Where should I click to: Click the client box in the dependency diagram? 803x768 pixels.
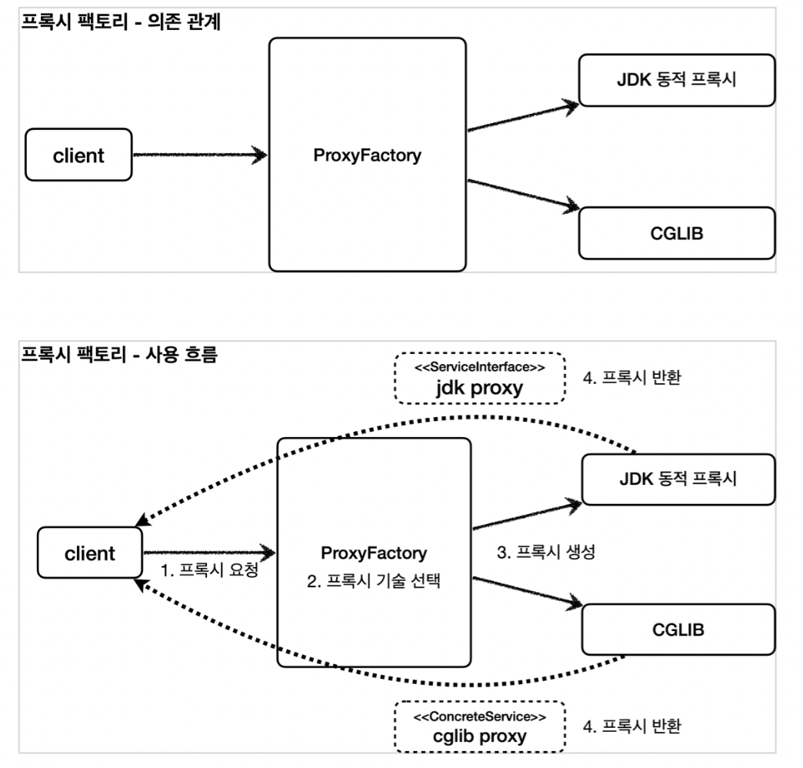click(x=78, y=155)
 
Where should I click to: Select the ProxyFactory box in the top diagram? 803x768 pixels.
click(x=368, y=155)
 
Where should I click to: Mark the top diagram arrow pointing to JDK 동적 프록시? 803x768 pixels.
click(x=523, y=115)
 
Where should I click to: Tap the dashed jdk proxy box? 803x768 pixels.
click(x=480, y=378)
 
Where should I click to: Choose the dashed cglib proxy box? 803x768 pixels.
click(x=480, y=726)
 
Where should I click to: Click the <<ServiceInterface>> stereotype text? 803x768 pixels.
click(x=480, y=367)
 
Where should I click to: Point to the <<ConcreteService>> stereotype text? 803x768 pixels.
click(x=480, y=716)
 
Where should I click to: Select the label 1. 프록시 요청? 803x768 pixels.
click(x=208, y=572)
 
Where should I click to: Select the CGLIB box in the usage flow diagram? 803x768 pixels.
click(x=678, y=629)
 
